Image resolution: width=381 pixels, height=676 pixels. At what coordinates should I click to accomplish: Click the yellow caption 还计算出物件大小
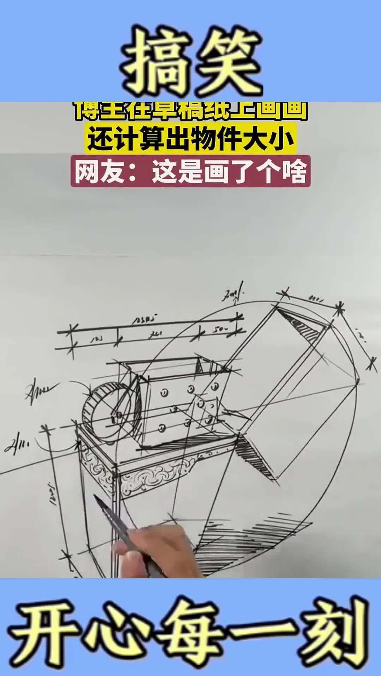coord(190,140)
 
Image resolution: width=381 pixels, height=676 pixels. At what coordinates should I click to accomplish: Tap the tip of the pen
coord(95,496)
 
